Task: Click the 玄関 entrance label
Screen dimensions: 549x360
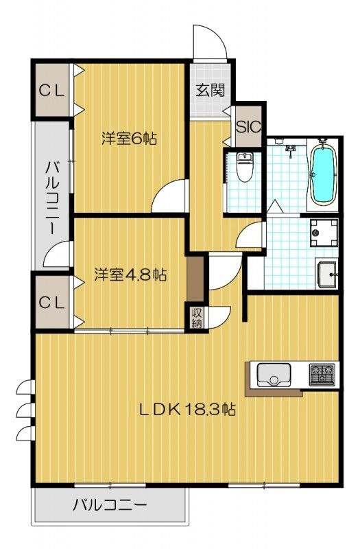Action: [209, 91]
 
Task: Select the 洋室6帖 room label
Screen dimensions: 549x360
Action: [129, 138]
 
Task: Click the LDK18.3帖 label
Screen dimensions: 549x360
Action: [188, 410]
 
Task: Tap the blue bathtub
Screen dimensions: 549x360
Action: [322, 174]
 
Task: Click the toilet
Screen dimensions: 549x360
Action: [244, 167]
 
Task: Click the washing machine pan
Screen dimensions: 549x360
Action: [323, 233]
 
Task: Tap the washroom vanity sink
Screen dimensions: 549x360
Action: [328, 276]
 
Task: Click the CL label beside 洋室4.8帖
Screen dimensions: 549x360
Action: [51, 301]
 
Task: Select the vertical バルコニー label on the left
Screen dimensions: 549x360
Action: [52, 196]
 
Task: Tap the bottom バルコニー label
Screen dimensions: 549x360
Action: [110, 507]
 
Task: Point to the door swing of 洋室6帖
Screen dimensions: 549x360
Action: [169, 197]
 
